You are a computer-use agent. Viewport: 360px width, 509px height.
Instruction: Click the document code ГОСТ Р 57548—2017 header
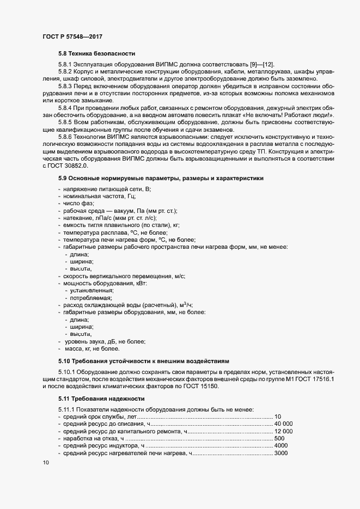[x=72, y=36]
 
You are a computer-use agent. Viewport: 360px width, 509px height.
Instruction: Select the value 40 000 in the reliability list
[x=283, y=424]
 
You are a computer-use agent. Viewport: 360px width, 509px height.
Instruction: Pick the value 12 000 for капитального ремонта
[x=283, y=431]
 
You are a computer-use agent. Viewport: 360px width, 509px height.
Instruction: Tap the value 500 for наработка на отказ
[x=279, y=438]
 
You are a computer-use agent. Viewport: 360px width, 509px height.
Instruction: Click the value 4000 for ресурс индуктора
[x=281, y=446]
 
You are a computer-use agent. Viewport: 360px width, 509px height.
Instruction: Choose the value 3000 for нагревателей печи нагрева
[x=281, y=453]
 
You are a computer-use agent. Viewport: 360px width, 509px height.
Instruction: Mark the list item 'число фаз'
[x=79, y=203]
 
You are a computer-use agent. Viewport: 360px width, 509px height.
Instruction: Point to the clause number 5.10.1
[x=68, y=371]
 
